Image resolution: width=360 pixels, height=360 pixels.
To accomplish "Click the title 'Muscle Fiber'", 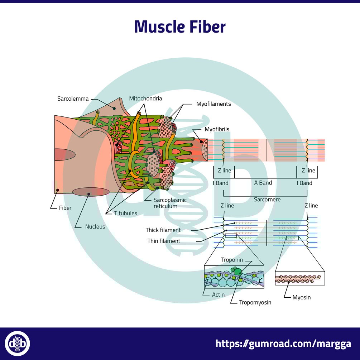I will (x=180, y=27).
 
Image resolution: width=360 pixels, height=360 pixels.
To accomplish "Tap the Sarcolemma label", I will (x=73, y=99).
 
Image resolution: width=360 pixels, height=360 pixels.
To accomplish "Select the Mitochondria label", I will (x=145, y=99).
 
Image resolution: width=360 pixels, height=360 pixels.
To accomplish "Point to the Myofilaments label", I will (x=213, y=104).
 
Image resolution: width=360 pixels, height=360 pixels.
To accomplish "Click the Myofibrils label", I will (x=217, y=129).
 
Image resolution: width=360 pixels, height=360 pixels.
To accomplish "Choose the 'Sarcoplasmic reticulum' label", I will (x=170, y=203).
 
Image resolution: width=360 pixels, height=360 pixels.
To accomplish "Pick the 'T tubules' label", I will (x=125, y=213).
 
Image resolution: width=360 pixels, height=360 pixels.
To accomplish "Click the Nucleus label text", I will (x=95, y=227).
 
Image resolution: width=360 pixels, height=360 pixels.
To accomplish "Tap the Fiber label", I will (x=65, y=208).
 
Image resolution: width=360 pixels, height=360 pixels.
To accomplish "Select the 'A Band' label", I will (x=263, y=183).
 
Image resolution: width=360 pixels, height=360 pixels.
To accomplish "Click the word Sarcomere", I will (x=267, y=199).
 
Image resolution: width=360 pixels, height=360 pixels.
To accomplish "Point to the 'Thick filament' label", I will (x=163, y=230).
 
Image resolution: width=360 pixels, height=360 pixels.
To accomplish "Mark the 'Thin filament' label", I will (x=164, y=241).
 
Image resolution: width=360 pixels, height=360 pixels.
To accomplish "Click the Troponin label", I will (x=232, y=260).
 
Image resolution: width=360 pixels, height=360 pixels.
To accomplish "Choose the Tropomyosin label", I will (x=255, y=302).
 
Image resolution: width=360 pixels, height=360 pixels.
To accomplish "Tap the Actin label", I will (x=218, y=294).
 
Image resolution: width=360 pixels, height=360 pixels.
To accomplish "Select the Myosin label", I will (x=301, y=297).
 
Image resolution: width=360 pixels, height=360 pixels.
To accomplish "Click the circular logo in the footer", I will (x=17, y=344).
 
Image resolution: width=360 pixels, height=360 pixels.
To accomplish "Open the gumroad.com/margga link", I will (x=283, y=344).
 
